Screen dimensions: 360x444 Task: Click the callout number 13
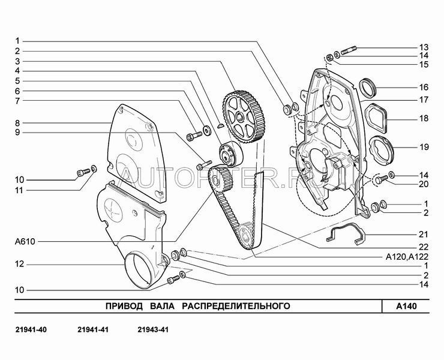pos(424,47)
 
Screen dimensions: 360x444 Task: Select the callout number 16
pos(424,86)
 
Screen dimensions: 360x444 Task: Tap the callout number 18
pos(424,119)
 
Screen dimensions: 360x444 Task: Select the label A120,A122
pos(404,256)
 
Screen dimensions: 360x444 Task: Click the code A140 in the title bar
pos(406,306)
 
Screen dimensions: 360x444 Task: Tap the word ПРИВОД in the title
pos(125,306)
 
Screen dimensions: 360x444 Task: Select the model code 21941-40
pos(29,330)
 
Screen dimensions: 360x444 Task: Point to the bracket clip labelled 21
pos(346,234)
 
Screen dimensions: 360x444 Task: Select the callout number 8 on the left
pos(19,122)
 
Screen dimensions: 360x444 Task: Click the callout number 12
pos(19,264)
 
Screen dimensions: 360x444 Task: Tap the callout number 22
pos(424,247)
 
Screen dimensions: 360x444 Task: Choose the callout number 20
pos(424,184)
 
